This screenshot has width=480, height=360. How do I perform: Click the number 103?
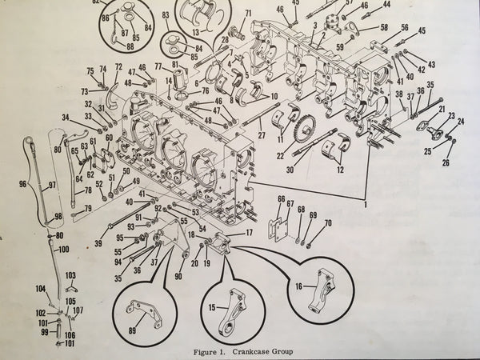click(x=70, y=275)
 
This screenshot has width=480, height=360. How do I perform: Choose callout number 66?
click(x=281, y=199)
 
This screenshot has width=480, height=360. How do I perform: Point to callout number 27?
click(x=261, y=137)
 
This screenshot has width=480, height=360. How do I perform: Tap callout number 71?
click(x=248, y=13)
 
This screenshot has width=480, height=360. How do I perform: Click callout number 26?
click(x=446, y=163)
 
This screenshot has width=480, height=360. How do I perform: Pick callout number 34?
click(x=66, y=118)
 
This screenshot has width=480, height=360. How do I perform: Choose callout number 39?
click(x=98, y=242)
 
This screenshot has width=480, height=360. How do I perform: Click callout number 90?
click(x=178, y=277)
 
